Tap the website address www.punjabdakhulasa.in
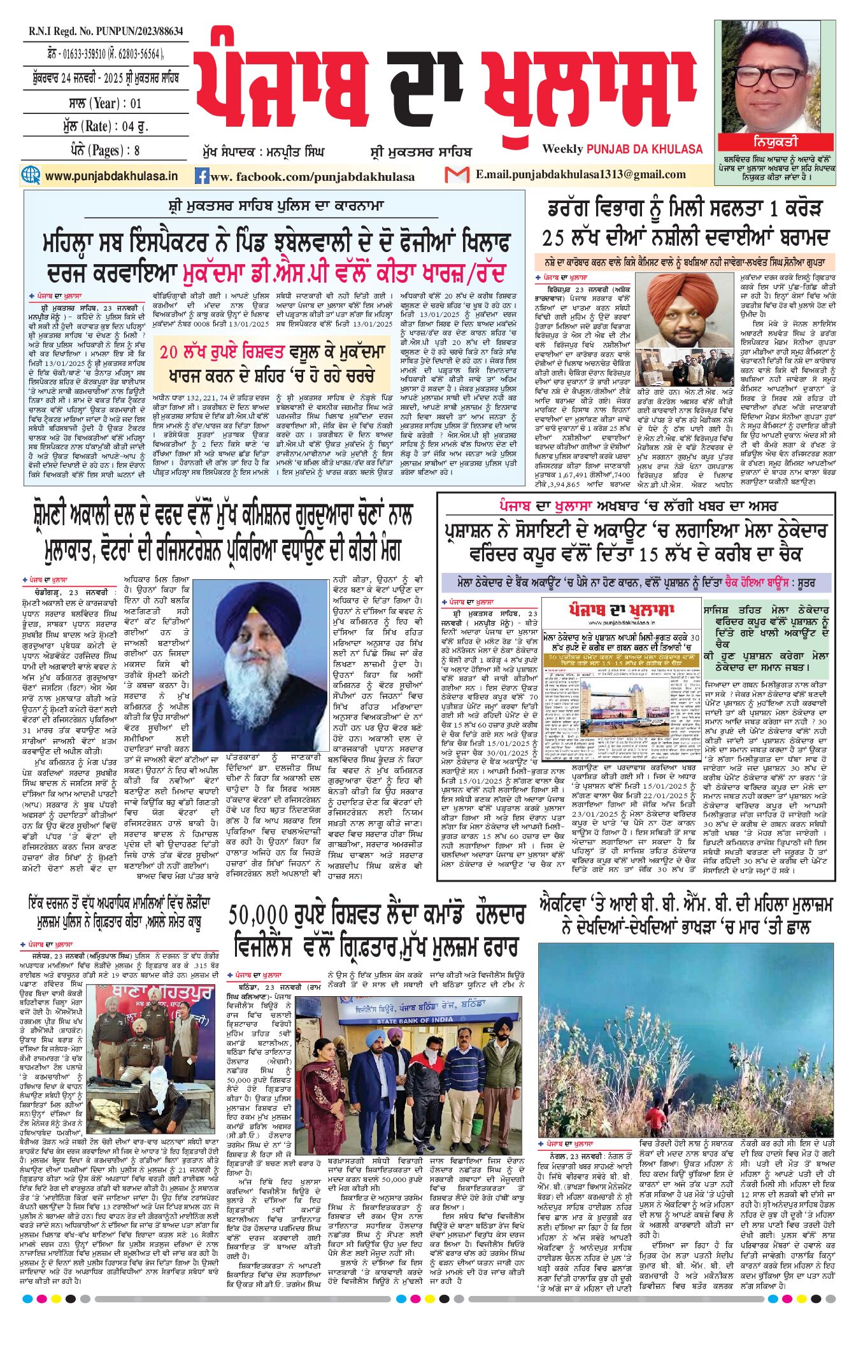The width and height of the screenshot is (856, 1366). coord(111,176)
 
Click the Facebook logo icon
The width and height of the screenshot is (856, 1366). coord(201,176)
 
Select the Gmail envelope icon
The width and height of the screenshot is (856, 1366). coord(457,174)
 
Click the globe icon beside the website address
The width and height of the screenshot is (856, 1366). coord(30,175)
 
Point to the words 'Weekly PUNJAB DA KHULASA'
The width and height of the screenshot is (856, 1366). coord(622,149)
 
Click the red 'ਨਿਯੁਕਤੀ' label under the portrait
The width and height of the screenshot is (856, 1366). coord(775,141)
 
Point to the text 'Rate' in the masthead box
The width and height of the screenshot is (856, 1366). coord(96,126)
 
